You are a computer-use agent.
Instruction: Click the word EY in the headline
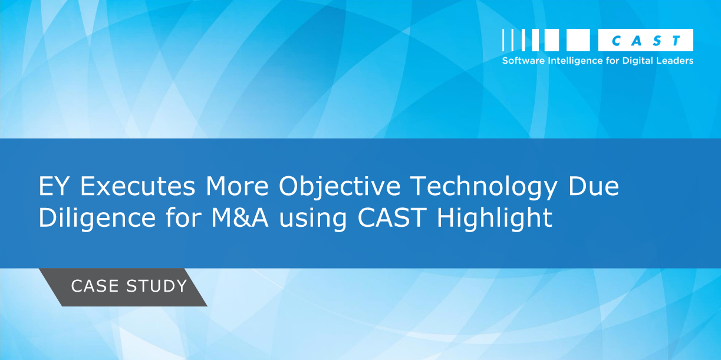pos(53,186)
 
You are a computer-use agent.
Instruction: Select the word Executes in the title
pos(137,186)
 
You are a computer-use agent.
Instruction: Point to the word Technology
pos(484,188)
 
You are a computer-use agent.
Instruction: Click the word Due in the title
pos(594,186)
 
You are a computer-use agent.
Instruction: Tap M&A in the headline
pos(240,218)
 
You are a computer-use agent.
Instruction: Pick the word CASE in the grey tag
pos(95,286)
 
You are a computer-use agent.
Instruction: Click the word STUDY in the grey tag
pos(156,286)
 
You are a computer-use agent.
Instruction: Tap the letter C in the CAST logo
pos(615,41)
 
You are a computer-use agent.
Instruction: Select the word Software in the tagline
pos(524,61)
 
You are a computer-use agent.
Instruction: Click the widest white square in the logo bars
pos(578,40)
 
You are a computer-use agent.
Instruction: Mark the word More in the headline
pos(237,186)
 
